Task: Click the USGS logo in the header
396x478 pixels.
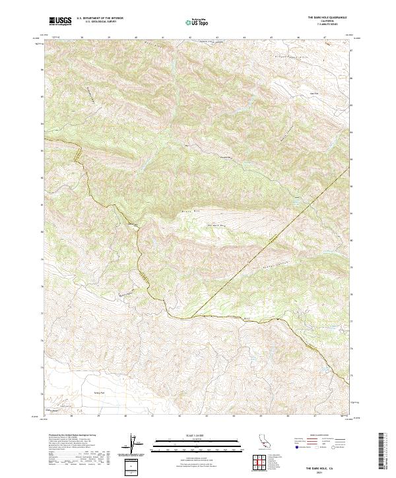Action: pos(60,21)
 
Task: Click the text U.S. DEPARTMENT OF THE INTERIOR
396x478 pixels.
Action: pos(100,18)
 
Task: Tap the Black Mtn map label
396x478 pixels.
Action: pos(189,212)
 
